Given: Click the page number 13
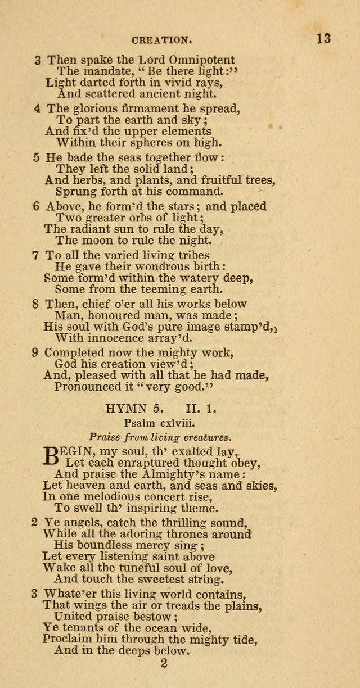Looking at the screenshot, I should point(323,39).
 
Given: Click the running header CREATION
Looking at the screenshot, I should point(161,40).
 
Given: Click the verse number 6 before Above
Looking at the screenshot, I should point(37,207).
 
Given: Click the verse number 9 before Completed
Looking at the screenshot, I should point(37,354).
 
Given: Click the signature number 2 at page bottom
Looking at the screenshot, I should point(164,663).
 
